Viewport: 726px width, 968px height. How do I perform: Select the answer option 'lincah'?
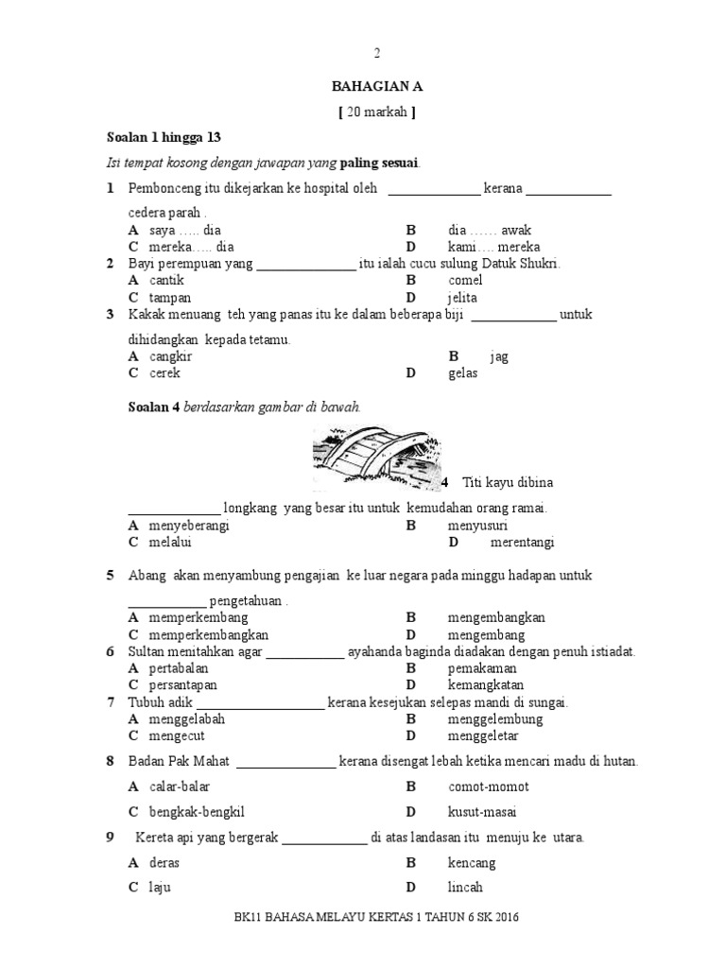465,887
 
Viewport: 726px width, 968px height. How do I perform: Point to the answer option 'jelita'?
462,297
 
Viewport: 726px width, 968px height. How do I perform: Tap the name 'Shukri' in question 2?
538,264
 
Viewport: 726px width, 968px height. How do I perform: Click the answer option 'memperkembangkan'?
209,634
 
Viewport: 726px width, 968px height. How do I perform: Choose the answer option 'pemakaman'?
481,668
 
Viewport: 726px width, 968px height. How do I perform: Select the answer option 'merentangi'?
522,543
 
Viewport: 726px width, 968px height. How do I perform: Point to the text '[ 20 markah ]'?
376,112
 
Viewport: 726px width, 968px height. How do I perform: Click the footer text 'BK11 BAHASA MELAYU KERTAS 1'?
324,917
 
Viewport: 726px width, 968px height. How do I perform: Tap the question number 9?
110,837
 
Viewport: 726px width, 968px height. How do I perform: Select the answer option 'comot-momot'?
488,786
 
